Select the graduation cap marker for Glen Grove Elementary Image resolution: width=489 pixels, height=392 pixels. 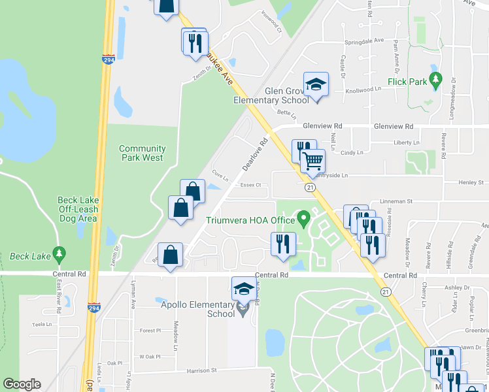316,84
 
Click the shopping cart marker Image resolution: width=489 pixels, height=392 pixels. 313,161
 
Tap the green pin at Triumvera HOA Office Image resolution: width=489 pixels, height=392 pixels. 303,218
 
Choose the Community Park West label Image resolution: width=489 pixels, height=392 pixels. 141,153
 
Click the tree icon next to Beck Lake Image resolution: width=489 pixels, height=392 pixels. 59,253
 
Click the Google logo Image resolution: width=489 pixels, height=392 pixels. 22,384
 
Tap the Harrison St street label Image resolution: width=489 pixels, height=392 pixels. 201,370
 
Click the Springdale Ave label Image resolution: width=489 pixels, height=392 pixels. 364,41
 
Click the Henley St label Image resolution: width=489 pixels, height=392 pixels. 471,182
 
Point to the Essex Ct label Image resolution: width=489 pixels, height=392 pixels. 250,185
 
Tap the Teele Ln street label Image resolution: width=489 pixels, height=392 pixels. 41,324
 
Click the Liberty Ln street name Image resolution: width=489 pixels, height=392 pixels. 406,142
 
